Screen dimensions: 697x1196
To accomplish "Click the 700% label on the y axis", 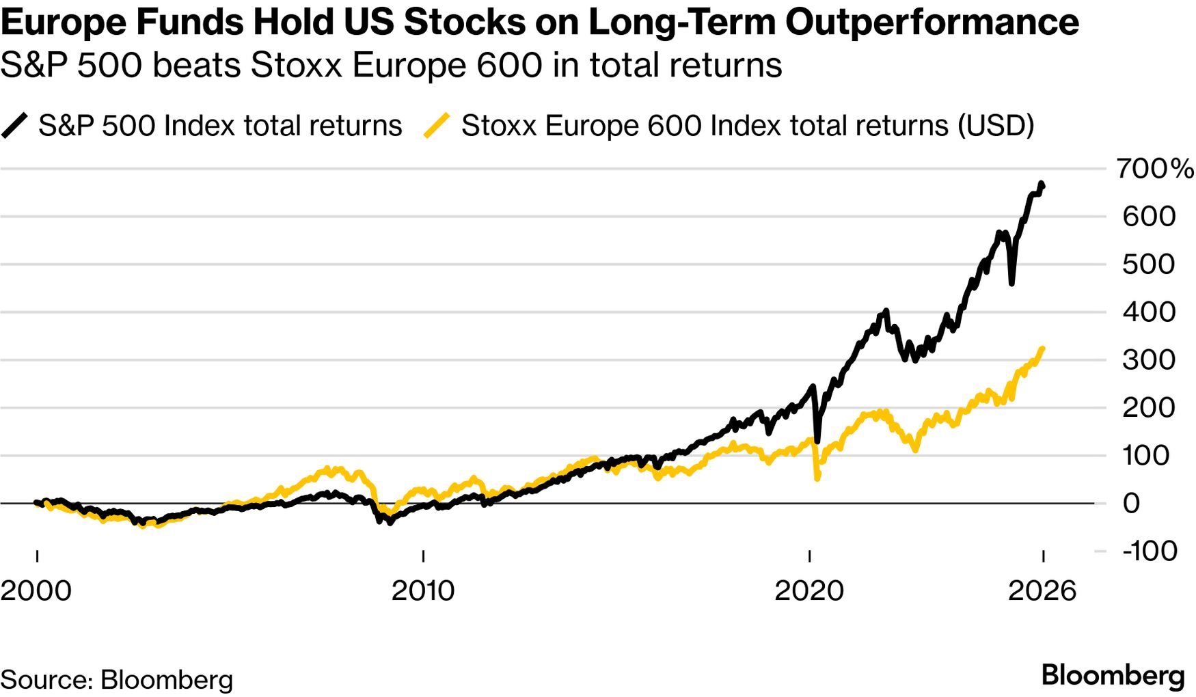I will coord(1154,168).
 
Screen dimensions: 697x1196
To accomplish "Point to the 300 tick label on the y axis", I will coord(1148,360).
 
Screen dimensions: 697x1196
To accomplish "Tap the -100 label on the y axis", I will coord(1150,551).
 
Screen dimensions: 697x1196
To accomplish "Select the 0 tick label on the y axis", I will coord(1131,504).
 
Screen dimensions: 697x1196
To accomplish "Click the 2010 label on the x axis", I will coord(422,590).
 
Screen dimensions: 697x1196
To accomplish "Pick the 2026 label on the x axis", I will coord(1042,590).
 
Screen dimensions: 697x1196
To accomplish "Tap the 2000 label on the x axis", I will coord(36,590).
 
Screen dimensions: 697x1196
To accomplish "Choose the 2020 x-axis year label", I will coord(809,590).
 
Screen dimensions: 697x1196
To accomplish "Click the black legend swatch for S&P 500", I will coord(14,126).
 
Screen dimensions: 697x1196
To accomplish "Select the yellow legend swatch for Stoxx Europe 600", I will coord(437,126).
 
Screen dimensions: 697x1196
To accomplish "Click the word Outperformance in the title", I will coord(932,22).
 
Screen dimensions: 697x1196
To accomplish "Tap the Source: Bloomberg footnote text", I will coord(117,679).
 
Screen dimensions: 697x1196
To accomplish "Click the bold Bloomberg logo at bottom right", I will coord(1113,676).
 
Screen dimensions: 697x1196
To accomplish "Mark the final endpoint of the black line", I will coord(1042,184).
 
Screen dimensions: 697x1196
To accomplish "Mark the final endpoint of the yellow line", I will coord(1042,349).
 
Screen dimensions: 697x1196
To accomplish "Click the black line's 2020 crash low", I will coord(817,441).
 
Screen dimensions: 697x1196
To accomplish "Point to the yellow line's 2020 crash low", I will coord(817,478).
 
